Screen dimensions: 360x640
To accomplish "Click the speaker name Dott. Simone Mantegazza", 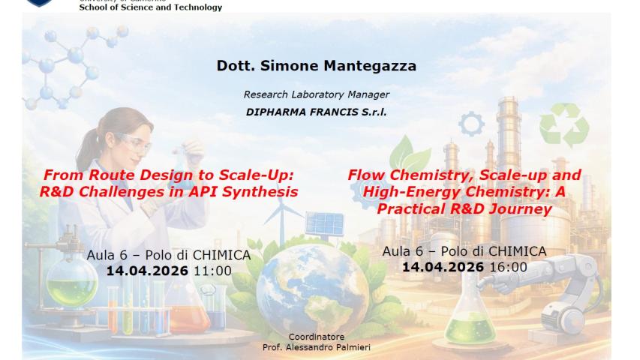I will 316,66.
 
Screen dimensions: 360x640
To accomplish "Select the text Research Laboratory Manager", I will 316,94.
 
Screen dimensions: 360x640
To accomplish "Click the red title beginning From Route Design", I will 169,183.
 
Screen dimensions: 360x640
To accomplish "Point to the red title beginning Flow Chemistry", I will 464,191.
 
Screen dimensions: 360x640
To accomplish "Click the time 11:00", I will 213,271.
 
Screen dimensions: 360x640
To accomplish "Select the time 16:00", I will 508,266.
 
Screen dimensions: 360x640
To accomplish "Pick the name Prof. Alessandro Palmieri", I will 316,347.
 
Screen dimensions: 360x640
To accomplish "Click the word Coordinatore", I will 316,337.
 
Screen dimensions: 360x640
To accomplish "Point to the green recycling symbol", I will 565,125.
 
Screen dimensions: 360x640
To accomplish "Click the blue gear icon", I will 471,124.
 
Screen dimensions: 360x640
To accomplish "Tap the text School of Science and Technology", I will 151,7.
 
